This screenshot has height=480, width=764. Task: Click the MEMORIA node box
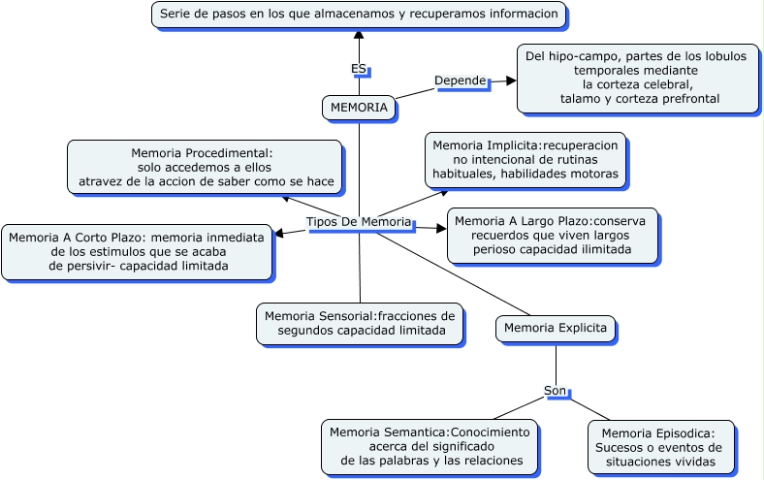pos(359,107)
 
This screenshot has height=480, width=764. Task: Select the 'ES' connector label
pos(359,69)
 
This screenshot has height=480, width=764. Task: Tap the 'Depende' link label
pos(460,80)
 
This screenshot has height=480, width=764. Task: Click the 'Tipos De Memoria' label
pos(359,222)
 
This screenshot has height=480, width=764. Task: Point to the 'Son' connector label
pos(555,391)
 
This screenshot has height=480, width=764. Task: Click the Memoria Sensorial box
pos(359,323)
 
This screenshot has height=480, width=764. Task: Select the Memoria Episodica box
pos(660,447)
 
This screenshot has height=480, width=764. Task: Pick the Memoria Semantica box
pos(430,446)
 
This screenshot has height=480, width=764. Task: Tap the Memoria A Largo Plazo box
pos(552,235)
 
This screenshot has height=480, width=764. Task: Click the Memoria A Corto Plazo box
pos(137,252)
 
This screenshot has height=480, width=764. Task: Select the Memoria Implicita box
pos(525,160)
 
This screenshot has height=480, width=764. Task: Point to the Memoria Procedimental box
pos(204,167)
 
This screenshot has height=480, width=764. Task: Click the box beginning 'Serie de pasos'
pos(359,15)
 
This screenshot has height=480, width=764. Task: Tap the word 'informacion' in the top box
pos(525,15)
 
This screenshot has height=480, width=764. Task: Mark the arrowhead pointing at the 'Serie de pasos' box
pos(359,35)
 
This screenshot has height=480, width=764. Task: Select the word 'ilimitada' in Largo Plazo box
pos(604,249)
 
